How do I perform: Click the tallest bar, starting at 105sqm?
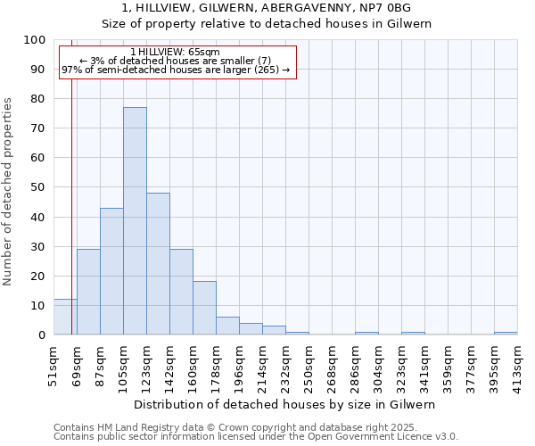point(135,221)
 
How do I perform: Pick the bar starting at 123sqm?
point(158,264)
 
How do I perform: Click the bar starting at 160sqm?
point(204,309)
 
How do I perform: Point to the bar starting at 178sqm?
point(227,326)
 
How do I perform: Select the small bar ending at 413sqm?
point(506,333)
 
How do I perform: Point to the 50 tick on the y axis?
point(37,187)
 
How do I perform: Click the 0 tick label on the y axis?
point(41,334)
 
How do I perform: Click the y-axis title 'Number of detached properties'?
point(9,192)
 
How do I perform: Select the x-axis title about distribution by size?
point(285,404)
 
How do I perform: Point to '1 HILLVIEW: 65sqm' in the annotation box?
point(175,52)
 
